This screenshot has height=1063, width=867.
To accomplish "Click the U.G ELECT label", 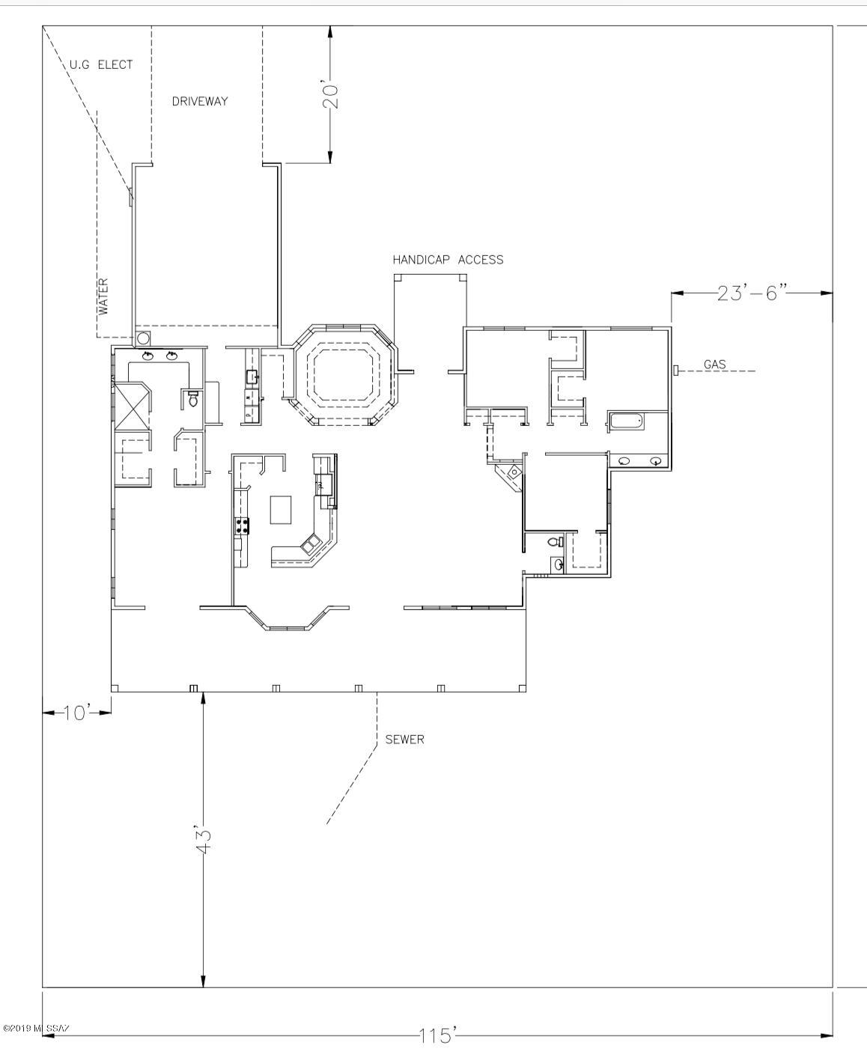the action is pyautogui.click(x=101, y=64).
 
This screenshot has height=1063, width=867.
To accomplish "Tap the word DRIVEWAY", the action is pyautogui.click(x=200, y=101).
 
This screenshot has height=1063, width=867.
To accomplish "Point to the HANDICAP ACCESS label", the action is pyautogui.click(x=448, y=260).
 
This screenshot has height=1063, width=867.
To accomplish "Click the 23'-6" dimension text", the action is pyautogui.click(x=752, y=293).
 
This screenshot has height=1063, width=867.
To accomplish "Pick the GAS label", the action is pyautogui.click(x=715, y=365).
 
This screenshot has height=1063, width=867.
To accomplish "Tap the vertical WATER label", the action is pyautogui.click(x=103, y=296).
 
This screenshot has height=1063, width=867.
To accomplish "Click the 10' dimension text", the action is pyautogui.click(x=76, y=713).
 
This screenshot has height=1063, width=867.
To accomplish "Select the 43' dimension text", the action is pyautogui.click(x=203, y=840).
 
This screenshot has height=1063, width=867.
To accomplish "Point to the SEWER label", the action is pyautogui.click(x=405, y=740).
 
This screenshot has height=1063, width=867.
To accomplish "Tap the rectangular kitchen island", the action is pyautogui.click(x=281, y=510).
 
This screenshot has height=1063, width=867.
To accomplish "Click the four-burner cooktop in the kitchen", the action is pyautogui.click(x=242, y=526).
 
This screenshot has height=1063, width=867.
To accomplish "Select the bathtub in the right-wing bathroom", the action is pyautogui.click(x=627, y=421).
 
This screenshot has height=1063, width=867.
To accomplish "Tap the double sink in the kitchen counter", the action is pyautogui.click(x=311, y=544).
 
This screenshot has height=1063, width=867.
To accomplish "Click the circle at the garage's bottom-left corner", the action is pyautogui.click(x=143, y=337).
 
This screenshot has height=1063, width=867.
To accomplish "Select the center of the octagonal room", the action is pyautogui.click(x=346, y=375).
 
